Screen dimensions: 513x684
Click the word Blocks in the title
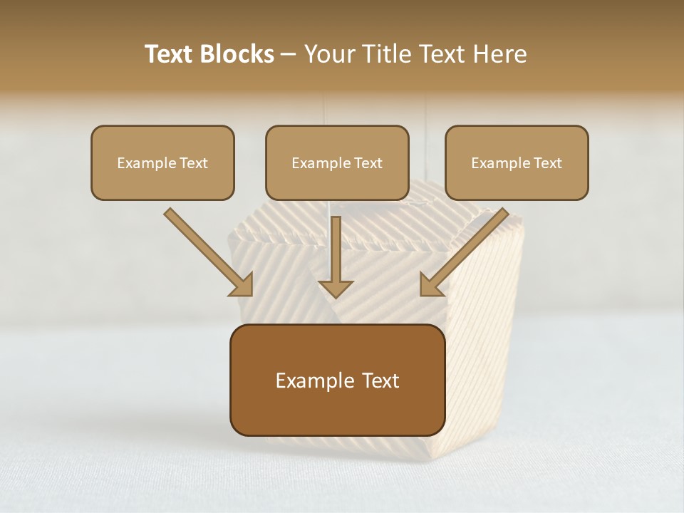coord(238,54)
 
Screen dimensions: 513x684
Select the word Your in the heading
coord(331,54)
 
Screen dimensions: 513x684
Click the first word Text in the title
coord(171,54)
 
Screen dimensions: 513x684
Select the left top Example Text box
coord(162,162)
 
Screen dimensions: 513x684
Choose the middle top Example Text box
coord(337,162)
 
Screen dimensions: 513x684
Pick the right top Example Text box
coord(517,162)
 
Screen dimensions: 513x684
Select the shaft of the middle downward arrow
coord(336,246)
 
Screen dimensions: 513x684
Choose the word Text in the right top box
coord(547,163)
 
